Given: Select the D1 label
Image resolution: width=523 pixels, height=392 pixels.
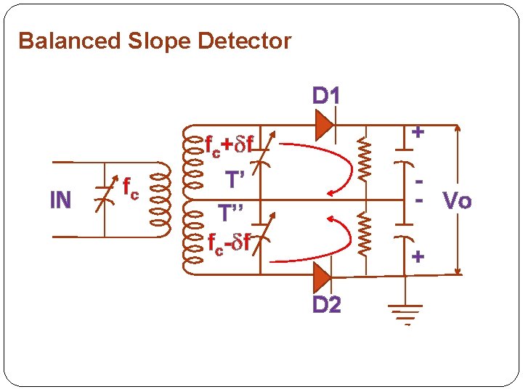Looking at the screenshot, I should point(326,96).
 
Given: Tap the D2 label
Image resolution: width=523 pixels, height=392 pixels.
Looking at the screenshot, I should point(326,305).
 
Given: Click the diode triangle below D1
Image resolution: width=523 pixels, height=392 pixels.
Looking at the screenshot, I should point(323,125).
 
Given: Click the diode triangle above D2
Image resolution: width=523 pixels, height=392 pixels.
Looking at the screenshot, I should point(322,277).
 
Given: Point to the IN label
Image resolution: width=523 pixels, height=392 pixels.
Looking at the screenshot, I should point(60,200).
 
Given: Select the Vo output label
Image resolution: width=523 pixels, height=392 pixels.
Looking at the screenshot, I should point(457,200).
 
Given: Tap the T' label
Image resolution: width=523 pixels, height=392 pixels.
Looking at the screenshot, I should point(235,180).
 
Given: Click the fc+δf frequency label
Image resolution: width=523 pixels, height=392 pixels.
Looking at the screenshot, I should point(229,145).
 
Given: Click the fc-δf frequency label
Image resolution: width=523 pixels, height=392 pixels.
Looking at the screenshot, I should point(229,243).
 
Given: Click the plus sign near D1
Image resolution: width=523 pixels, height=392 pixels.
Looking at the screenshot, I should point(418,132).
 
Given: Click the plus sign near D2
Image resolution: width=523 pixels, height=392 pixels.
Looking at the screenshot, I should point(418,256).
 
